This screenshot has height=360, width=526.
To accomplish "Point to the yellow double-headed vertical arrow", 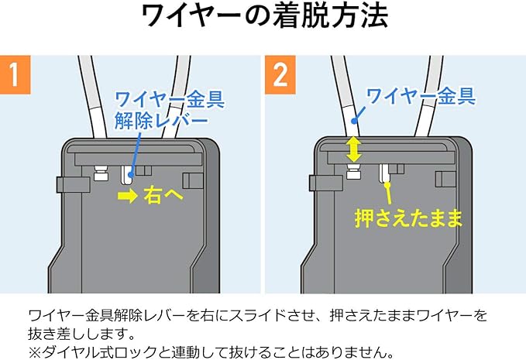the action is coord(354,149).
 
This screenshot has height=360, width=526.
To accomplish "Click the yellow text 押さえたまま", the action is coord(408,217).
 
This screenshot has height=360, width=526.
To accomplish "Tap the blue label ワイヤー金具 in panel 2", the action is coord(419,97).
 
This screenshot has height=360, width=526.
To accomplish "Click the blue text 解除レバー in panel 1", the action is coord(162,122).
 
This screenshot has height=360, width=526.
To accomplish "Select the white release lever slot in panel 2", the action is coord(384,173).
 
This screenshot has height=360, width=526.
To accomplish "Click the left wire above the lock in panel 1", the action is coord(88,101).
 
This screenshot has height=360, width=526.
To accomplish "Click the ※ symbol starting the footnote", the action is coord(34,351).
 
